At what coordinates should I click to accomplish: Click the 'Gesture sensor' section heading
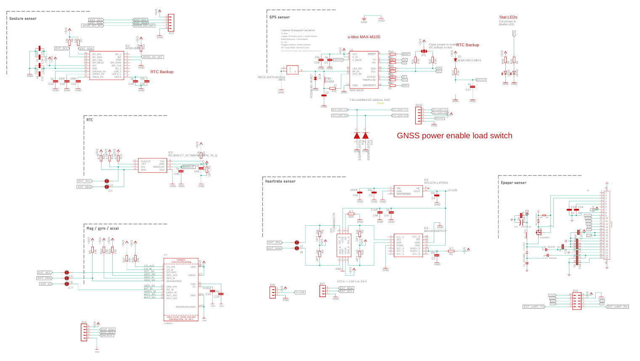[23, 18]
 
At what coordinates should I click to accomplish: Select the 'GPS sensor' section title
[280, 17]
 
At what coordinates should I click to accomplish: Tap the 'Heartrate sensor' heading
[280, 182]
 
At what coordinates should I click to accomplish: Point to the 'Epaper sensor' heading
[513, 183]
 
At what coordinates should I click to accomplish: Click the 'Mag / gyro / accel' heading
[103, 228]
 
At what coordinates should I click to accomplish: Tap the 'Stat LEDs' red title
[508, 17]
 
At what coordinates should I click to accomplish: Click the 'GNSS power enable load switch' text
[454, 136]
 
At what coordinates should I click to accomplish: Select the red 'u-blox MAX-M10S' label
[364, 37]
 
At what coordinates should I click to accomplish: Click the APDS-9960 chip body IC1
[107, 65]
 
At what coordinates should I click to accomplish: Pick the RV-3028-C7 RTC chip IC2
[152, 166]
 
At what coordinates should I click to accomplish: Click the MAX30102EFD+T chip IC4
[408, 245]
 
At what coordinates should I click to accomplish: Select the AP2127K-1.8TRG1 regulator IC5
[408, 191]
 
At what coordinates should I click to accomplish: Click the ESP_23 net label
[45, 284]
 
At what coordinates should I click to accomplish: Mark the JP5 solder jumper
[423, 51]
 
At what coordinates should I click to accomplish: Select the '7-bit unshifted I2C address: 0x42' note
[369, 100]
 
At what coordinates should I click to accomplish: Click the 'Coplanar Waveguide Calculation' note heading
[298, 30]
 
